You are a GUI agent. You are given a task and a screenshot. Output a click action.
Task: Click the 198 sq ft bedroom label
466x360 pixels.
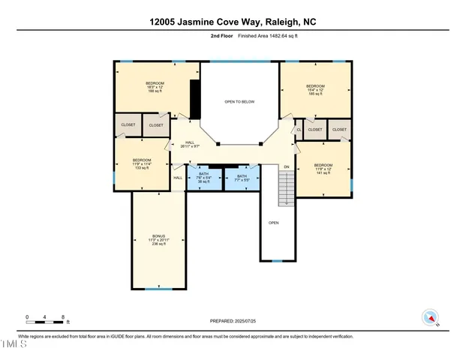coord(154,87)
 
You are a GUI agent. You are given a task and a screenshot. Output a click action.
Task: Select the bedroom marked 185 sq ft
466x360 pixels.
coord(314,91)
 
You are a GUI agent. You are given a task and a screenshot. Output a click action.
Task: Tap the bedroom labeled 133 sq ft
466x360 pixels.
coord(142,163)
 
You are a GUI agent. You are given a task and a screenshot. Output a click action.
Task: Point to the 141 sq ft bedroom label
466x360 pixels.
coord(323,168)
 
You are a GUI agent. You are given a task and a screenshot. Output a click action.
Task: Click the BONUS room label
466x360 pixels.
coord(158,240)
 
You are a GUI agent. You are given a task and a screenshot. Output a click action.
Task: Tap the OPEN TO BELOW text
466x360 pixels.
coord(239,101)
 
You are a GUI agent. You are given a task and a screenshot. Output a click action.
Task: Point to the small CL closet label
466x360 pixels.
coord(299,130)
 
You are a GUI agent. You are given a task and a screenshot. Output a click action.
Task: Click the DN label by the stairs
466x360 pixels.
coord(285,167)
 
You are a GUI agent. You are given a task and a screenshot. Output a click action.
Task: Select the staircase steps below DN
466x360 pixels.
coord(285,187)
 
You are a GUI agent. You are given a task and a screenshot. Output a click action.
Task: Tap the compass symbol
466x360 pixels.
coord(430,317)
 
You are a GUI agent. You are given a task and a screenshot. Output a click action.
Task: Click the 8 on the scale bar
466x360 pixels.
coord(63,317)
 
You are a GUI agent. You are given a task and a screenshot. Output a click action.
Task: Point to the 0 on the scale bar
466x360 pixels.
coord(27,317)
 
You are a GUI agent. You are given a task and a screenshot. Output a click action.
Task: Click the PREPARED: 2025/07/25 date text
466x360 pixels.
coord(233,320)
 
